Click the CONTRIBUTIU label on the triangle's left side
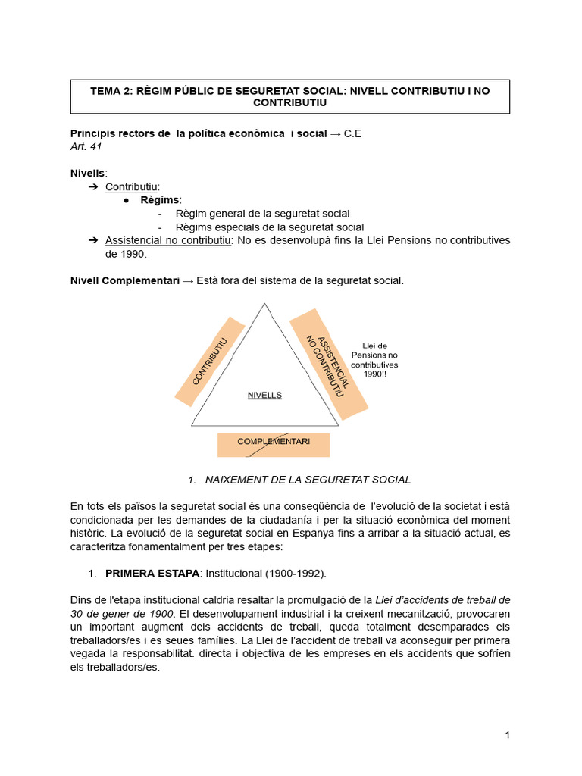click(210, 361)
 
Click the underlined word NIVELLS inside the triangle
click(264, 395)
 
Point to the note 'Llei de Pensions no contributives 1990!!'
click(374, 360)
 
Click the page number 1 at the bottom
click(507, 735)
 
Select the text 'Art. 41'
click(86, 146)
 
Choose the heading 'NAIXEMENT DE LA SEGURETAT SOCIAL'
click(308, 480)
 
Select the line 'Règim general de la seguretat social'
click(262, 214)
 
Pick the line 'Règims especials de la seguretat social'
click(269, 227)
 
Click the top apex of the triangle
click(264, 304)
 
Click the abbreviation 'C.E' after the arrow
click(353, 133)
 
